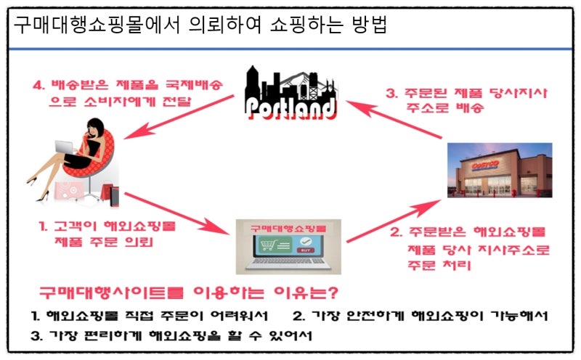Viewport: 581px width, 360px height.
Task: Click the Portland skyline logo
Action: click(290, 93)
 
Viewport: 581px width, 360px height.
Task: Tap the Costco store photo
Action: click(500, 170)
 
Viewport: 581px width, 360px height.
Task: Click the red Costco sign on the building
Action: click(485, 165)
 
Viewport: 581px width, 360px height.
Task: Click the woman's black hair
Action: click(96, 128)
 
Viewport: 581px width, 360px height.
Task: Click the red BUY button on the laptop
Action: click(306, 250)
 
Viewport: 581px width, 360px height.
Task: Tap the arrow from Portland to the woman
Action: click(179, 117)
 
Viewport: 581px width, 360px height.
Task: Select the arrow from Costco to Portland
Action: click(394, 119)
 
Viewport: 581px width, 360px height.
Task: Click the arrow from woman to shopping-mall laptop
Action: click(176, 213)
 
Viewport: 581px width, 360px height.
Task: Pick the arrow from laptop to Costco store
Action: click(394, 221)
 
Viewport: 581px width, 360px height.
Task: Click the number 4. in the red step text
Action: click(38, 85)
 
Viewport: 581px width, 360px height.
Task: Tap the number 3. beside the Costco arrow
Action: click(391, 93)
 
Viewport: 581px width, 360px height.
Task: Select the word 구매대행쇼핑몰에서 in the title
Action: click(97, 25)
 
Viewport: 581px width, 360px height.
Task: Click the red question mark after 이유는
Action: click(333, 292)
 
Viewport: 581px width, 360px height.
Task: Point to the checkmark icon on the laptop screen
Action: click(306, 241)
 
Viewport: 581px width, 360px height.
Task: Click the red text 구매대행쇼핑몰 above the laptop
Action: click(288, 228)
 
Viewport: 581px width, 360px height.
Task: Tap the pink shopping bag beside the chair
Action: click(68, 190)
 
